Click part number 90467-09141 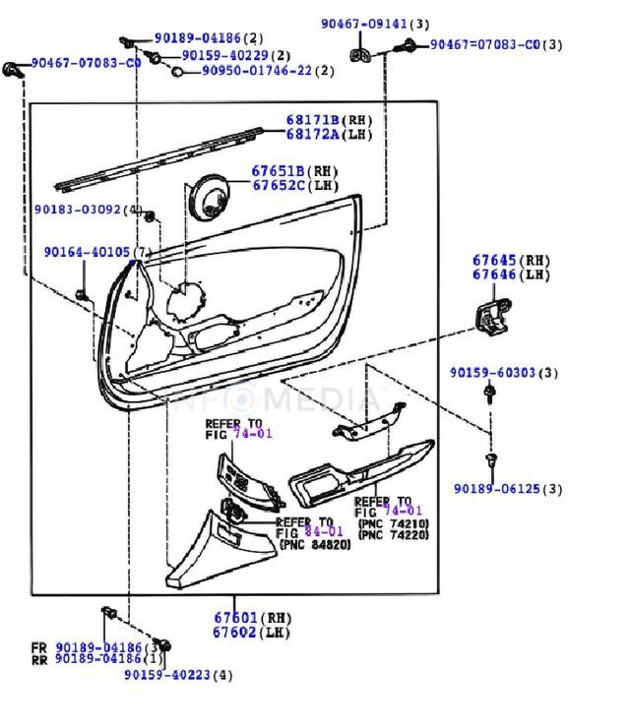(361, 23)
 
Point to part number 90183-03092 (77, 210)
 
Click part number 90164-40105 (87, 252)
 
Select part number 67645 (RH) (494, 260)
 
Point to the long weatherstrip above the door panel (157, 155)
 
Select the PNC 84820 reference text (315, 544)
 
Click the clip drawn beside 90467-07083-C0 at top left (14, 70)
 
